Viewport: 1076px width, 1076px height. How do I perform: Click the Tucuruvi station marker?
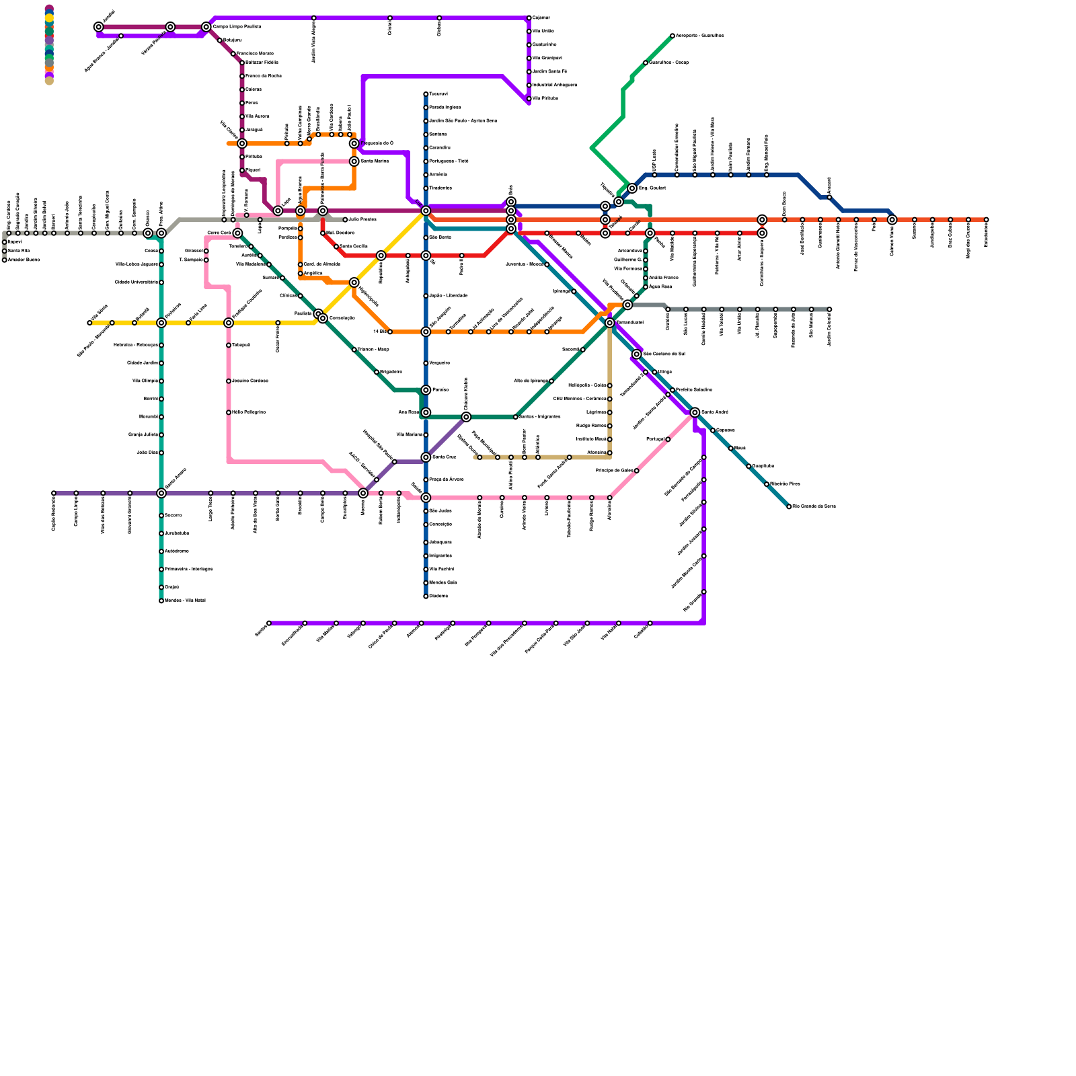point(426,94)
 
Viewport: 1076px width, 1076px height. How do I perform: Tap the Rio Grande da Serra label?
point(814,506)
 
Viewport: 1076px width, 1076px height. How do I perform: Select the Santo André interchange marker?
point(695,412)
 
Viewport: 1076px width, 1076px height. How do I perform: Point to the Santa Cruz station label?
point(443,457)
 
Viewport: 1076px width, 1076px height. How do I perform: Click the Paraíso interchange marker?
point(426,390)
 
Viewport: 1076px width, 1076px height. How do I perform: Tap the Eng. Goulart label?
point(652,188)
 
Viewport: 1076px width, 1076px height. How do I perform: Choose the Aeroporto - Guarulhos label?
point(699,36)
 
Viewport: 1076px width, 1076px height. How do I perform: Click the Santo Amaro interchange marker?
point(161,493)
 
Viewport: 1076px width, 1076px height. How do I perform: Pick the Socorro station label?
point(173,516)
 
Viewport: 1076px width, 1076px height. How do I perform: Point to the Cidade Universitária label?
point(136,282)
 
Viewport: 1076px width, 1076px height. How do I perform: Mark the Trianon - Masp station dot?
point(354,350)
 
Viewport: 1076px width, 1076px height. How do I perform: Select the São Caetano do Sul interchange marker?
point(637,354)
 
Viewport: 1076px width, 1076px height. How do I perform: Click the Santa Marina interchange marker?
point(354,161)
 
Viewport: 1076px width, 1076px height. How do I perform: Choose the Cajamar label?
point(541,18)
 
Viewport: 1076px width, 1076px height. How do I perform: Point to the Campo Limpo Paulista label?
point(237,27)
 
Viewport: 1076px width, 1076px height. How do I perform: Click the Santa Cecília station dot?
point(336,247)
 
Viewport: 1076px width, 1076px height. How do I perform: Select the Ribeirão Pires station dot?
point(767,484)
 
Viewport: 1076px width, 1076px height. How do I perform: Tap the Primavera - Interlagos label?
point(188,570)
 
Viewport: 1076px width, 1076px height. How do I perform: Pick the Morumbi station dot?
point(161,417)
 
